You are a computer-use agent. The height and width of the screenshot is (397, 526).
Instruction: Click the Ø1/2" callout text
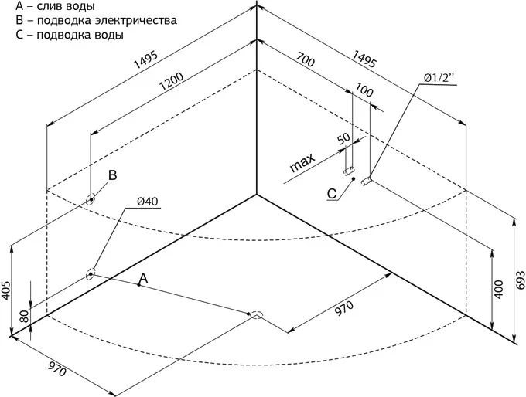click(440, 77)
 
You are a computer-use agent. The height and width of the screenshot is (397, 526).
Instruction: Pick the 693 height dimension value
click(521, 280)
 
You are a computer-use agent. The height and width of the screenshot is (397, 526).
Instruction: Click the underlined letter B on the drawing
click(112, 177)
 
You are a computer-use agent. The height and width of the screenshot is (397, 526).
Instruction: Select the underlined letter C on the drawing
click(332, 194)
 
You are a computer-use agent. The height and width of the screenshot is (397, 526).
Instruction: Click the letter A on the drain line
click(142, 277)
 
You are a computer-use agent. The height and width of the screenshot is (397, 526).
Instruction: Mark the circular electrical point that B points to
click(91, 198)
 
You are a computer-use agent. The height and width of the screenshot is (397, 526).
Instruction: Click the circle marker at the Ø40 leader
click(91, 273)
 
